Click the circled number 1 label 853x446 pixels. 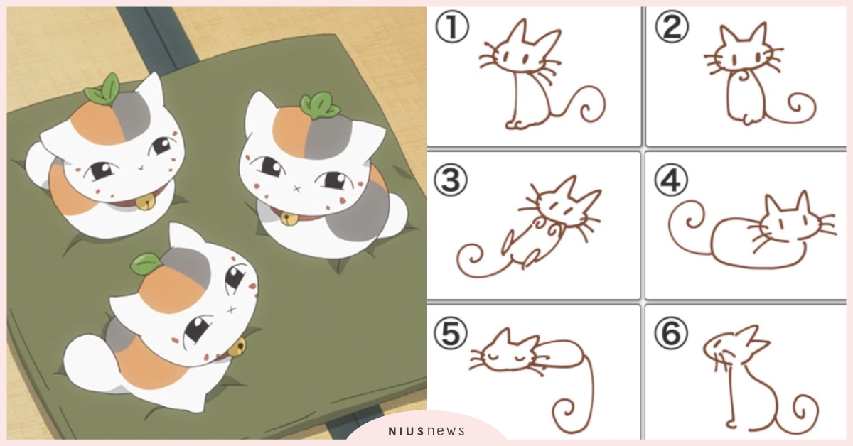click(x=452, y=26)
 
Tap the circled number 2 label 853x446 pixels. click(x=672, y=26)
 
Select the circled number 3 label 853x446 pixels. click(x=451, y=180)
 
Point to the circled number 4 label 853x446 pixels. click(x=671, y=180)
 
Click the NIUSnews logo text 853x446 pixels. click(x=426, y=431)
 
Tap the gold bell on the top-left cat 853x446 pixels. click(x=146, y=202)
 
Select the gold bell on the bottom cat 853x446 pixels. click(x=240, y=346)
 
